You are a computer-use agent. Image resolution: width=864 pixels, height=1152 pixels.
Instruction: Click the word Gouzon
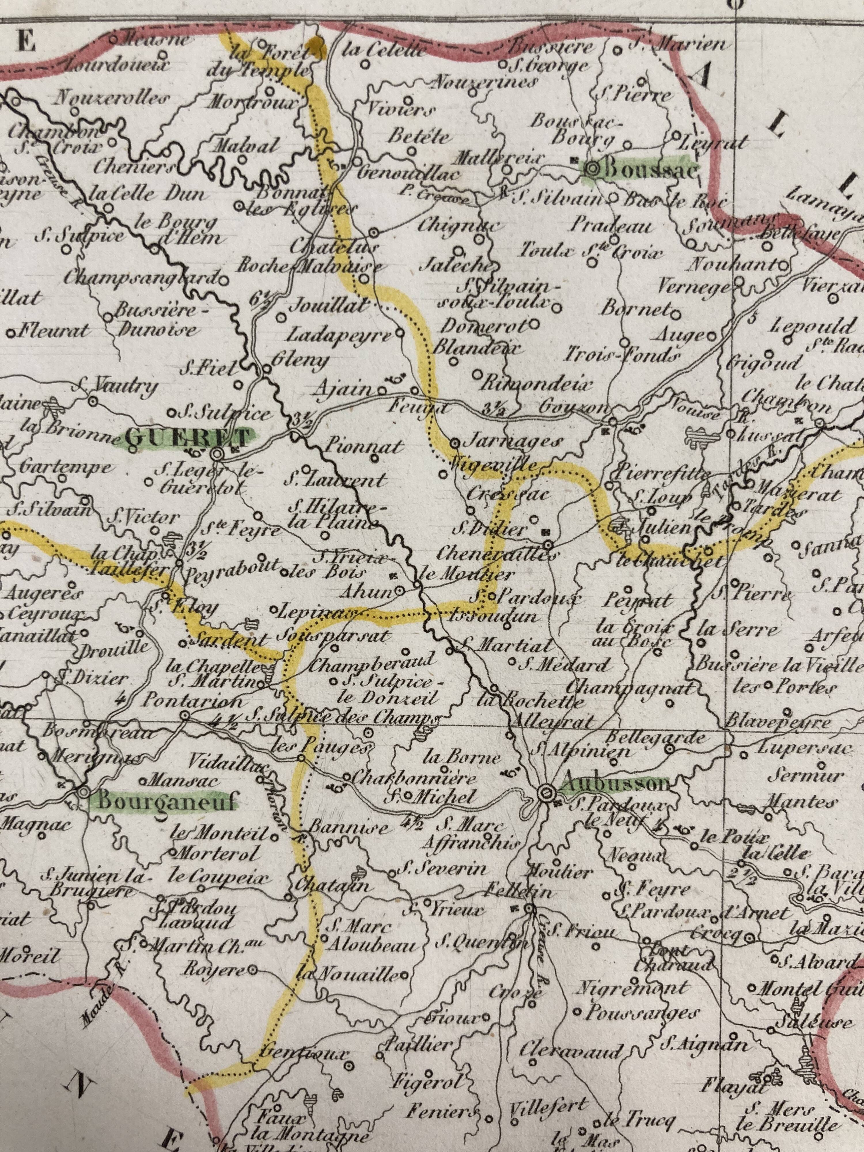coord(569,407)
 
